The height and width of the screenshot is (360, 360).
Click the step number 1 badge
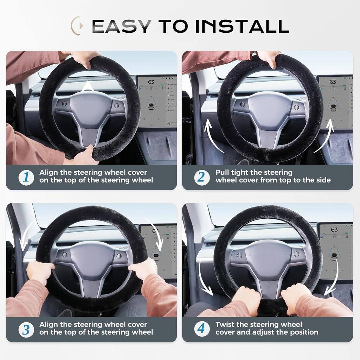pos(26,177)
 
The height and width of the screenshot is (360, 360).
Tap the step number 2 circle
pos(202,177)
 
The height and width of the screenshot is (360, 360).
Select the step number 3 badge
pos(26,329)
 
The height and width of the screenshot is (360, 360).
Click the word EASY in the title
pos(122,26)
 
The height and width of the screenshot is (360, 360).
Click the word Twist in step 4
pos(225,324)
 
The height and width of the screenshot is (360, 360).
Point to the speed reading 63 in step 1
pos(151,82)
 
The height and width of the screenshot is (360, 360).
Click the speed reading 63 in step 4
pos(334,230)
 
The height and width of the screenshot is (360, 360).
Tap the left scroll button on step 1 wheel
pos(64,104)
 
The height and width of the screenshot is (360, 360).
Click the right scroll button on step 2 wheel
pos(296,107)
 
